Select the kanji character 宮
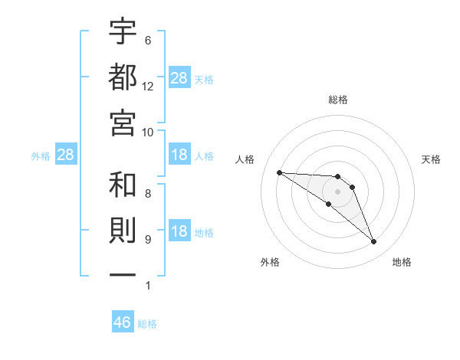click(123, 123)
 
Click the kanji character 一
click(123, 274)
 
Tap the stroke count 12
click(148, 86)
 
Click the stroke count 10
click(148, 132)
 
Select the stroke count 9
click(148, 239)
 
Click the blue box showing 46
click(123, 322)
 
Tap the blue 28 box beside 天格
click(179, 77)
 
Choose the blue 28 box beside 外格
click(66, 155)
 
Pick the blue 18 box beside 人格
click(179, 155)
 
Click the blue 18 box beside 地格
click(179, 232)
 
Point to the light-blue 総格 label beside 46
click(147, 324)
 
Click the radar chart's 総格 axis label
click(337, 100)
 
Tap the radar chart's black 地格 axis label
click(402, 262)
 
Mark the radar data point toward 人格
click(279, 172)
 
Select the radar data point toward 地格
click(373, 242)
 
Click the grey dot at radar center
click(337, 191)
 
